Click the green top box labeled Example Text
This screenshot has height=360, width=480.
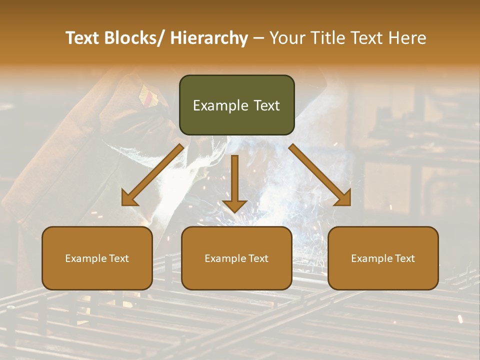[x=236, y=105]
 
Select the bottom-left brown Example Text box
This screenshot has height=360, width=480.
[x=97, y=258]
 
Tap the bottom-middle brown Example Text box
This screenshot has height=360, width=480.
[x=236, y=258]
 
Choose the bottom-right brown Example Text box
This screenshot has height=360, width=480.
[x=383, y=258]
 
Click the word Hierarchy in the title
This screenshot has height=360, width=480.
[x=209, y=38]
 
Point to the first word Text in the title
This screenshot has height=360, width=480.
[x=82, y=38]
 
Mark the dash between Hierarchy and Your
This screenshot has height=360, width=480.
[x=258, y=38]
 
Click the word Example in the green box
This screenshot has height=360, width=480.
[x=220, y=105]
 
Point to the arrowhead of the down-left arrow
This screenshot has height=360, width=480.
[x=129, y=199]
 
